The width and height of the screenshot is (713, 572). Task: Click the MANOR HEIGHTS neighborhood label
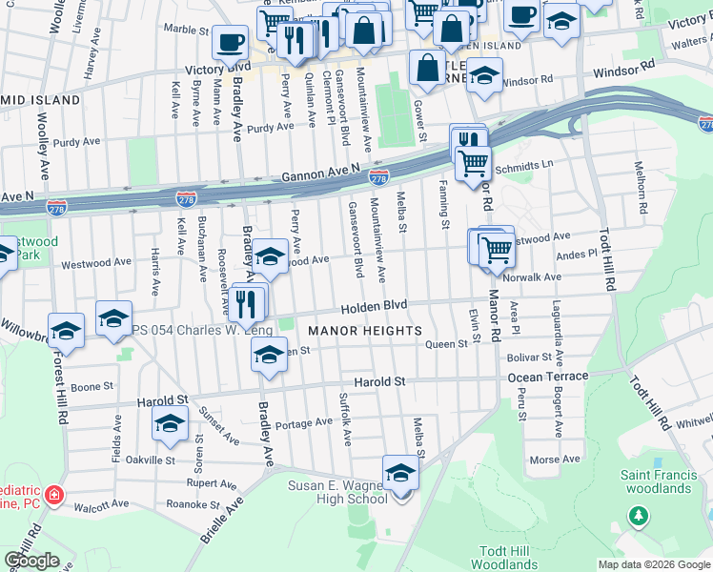click(365, 331)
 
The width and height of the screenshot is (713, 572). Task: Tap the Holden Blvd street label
click(375, 306)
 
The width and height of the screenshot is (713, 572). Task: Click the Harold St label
click(379, 381)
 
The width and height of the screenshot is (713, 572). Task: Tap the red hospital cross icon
click(54, 495)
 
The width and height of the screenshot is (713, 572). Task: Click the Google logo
click(32, 561)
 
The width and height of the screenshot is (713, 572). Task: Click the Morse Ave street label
click(555, 459)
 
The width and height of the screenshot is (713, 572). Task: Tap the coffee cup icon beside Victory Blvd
click(229, 43)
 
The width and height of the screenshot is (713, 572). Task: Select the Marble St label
click(185, 29)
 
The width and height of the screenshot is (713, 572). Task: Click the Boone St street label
click(92, 387)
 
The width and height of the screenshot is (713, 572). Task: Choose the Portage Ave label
click(303, 423)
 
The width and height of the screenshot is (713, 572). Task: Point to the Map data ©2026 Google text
click(654, 564)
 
